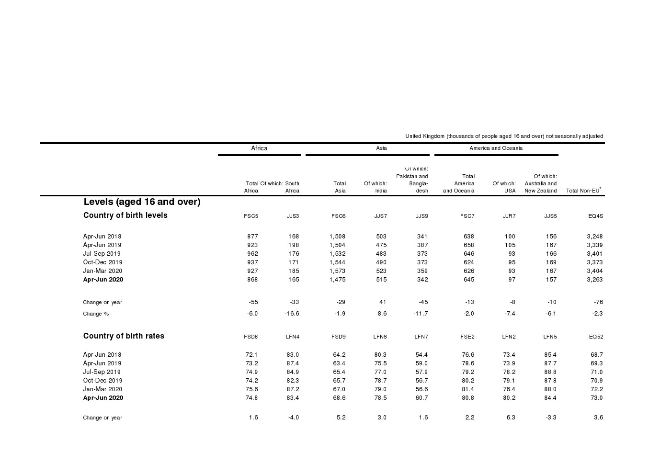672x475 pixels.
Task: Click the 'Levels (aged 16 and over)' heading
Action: click(142, 202)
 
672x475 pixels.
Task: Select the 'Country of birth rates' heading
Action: click(124, 336)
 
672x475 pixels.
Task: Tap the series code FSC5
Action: click(251, 216)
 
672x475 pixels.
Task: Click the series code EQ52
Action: click(596, 337)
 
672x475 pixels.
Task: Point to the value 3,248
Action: click(594, 237)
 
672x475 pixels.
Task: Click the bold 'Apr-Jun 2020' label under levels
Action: click(103, 280)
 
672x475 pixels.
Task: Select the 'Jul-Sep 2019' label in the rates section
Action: click(102, 372)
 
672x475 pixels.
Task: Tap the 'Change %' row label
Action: click(96, 314)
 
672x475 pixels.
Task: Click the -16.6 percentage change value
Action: click(291, 314)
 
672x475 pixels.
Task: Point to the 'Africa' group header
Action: click(259, 148)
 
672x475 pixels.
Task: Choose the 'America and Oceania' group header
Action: click(496, 148)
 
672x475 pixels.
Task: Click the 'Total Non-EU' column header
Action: click(583, 191)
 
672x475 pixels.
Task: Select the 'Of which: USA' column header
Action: click(504, 187)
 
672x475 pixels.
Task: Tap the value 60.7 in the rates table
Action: click(421, 398)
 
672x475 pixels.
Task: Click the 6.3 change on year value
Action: click(511, 418)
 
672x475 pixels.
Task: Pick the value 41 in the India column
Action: click(382, 302)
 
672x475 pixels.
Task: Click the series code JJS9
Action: click(421, 216)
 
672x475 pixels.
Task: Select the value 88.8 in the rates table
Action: click(550, 372)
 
